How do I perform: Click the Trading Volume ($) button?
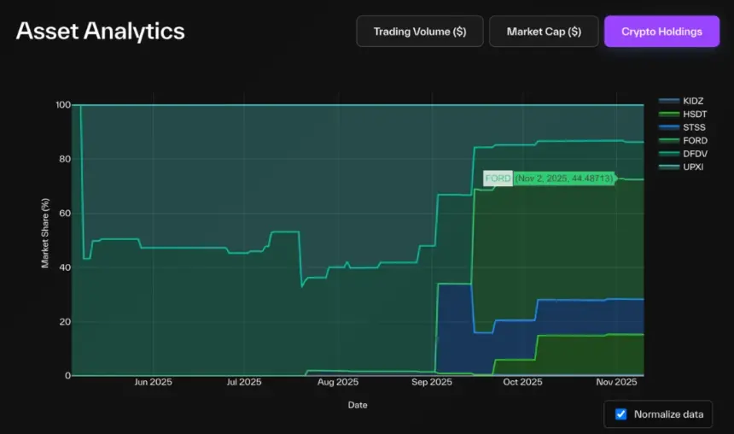click(x=420, y=32)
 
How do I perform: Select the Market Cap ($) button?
click(x=544, y=32)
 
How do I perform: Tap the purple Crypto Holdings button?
click(x=661, y=32)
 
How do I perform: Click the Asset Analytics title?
click(x=100, y=31)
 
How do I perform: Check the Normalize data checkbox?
click(x=621, y=414)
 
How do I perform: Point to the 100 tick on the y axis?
click(x=62, y=105)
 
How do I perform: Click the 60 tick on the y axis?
click(x=65, y=214)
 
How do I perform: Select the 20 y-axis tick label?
click(x=65, y=322)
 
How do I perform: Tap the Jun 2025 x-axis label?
click(x=154, y=382)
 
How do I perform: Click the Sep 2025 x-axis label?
click(x=432, y=382)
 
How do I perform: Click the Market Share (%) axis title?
click(x=46, y=233)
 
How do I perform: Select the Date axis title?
click(x=358, y=404)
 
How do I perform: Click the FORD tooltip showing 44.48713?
click(x=549, y=179)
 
